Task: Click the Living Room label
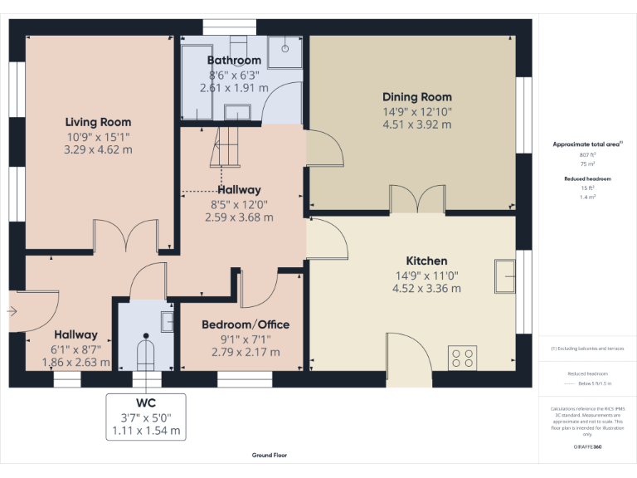tap(98, 122)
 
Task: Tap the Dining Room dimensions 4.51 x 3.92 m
tap(416, 124)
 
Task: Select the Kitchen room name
tap(426, 261)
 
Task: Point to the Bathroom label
tap(234, 60)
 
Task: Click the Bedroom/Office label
tap(241, 324)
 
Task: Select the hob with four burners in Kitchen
tap(462, 358)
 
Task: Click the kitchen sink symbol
tap(503, 276)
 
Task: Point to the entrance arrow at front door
tap(12, 311)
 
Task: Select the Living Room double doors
tap(125, 237)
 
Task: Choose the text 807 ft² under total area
tap(587, 155)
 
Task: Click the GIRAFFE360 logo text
tap(587, 447)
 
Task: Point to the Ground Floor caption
tap(270, 456)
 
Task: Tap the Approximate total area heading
tap(586, 144)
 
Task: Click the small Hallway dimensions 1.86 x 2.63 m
tap(75, 363)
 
